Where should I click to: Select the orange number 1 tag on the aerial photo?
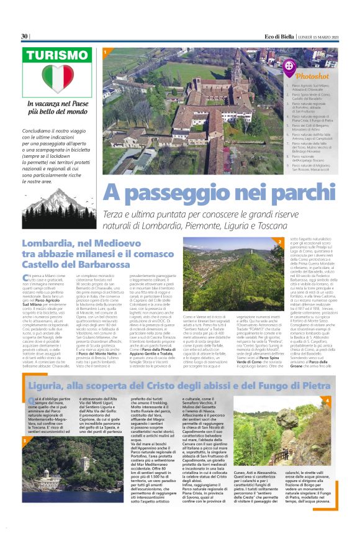[106, 52]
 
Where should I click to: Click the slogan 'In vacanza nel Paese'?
[51, 104]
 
